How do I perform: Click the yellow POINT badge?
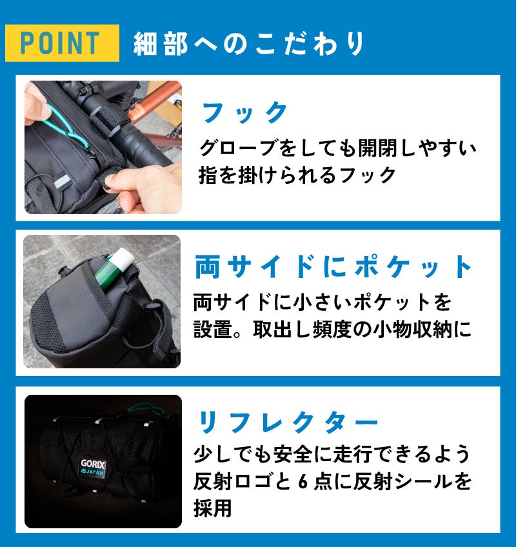coord(62,43)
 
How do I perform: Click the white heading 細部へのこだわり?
coord(249,44)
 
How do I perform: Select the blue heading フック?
coord(244,113)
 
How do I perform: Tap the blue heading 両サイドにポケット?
coord(333,266)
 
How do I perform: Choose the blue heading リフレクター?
coord(288,422)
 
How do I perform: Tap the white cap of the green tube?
coord(124,257)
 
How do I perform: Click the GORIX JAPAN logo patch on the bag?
coord(92,468)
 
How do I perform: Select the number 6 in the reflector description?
coord(304,482)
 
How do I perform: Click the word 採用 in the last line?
coord(212,508)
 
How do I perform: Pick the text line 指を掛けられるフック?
coord(297,175)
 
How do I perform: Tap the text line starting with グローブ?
coord(338,148)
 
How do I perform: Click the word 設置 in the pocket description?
coord(212,330)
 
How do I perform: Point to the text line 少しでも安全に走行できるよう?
coord(332,455)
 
